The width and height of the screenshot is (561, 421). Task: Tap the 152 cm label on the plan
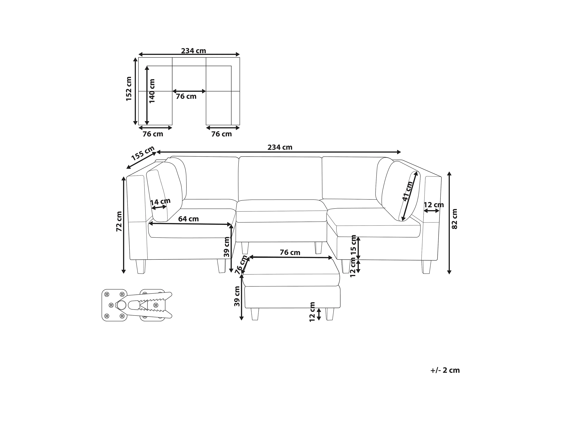[x=129, y=89]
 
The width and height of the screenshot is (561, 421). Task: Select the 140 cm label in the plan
[x=152, y=91]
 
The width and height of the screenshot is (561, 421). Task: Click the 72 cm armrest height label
[x=119, y=221]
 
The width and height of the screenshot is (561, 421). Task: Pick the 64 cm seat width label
[x=188, y=219]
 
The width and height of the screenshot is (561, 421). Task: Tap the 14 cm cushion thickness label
[x=160, y=202]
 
